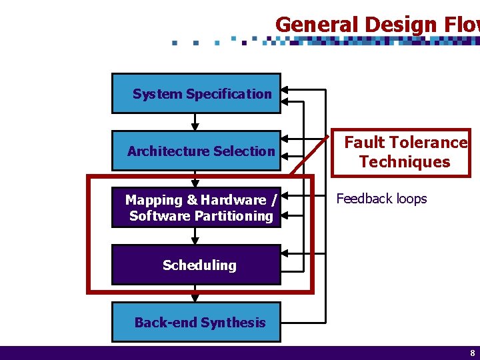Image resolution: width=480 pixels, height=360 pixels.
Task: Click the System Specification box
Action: pyautogui.click(x=196, y=93)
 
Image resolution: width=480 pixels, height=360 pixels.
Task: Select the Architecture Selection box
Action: pyautogui.click(x=196, y=151)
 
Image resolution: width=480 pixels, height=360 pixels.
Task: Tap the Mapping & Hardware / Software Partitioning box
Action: pyautogui.click(x=196, y=208)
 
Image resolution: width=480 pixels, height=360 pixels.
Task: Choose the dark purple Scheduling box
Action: pyautogui.click(x=196, y=265)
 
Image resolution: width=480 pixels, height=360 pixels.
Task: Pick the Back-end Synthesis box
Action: pyautogui.click(x=196, y=322)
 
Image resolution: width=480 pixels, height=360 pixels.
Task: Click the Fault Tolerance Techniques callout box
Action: pyautogui.click(x=404, y=152)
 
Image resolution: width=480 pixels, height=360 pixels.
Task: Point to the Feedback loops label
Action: pyautogui.click(x=381, y=199)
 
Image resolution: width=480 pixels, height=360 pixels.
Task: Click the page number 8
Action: pyautogui.click(x=472, y=353)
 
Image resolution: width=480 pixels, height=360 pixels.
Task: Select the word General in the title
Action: pyautogui.click(x=309, y=25)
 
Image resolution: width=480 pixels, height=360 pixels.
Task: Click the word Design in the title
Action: pyautogui.click(x=386, y=25)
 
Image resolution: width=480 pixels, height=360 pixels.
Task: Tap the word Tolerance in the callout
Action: pyautogui.click(x=428, y=142)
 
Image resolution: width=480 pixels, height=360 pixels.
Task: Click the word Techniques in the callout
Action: pyautogui.click(x=404, y=161)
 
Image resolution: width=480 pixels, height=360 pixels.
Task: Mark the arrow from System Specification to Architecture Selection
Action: pyautogui.click(x=195, y=122)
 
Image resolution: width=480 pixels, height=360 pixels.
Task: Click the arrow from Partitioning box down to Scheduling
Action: pyautogui.click(x=195, y=236)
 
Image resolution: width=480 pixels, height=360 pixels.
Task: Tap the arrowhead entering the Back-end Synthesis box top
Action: pyautogui.click(x=195, y=298)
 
